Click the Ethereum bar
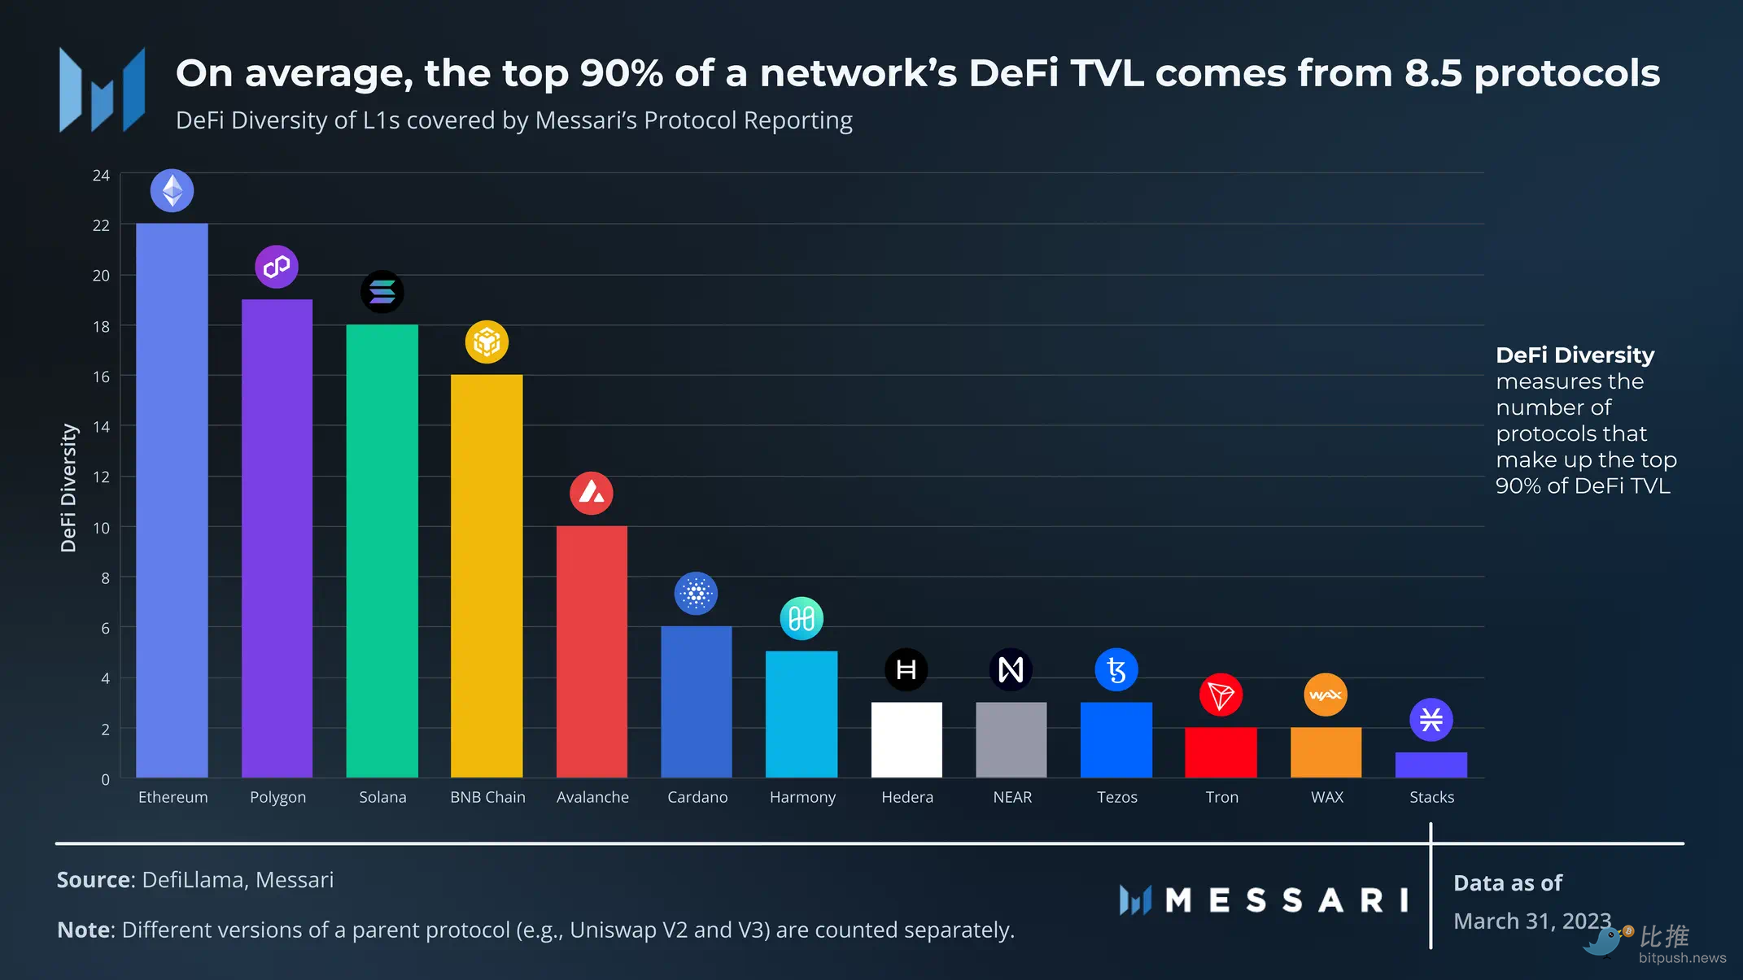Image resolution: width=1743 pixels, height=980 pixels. click(172, 500)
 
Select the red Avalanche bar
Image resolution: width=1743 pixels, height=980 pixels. click(592, 651)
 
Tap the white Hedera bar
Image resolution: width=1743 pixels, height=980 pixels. click(906, 739)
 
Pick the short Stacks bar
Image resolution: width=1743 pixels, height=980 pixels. click(1431, 764)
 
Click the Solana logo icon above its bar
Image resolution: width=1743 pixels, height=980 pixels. click(382, 292)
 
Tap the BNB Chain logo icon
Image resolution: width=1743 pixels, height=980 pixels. click(487, 342)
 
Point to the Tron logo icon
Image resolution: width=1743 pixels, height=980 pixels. click(1221, 695)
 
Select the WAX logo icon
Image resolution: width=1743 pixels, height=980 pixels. click(1326, 695)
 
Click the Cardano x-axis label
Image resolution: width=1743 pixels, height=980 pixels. click(697, 797)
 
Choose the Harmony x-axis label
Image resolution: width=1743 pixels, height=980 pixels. click(802, 797)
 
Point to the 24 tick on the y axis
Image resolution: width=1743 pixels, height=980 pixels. click(101, 176)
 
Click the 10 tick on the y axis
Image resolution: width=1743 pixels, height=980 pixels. click(101, 528)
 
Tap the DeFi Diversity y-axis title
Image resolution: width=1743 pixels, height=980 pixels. click(68, 488)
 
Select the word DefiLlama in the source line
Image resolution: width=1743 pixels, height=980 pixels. click(193, 880)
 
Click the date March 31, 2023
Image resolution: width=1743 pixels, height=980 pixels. click(1531, 921)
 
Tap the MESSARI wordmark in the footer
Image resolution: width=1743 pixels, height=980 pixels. click(1286, 900)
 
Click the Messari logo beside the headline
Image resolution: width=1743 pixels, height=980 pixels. click(103, 89)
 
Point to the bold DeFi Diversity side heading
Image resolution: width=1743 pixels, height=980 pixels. click(1575, 355)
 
